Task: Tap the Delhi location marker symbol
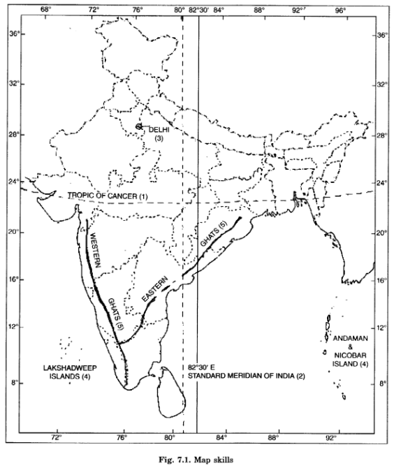tap(139, 126)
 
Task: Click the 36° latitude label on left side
tap(13, 34)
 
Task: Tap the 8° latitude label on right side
tap(381, 383)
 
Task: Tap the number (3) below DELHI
tap(159, 138)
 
